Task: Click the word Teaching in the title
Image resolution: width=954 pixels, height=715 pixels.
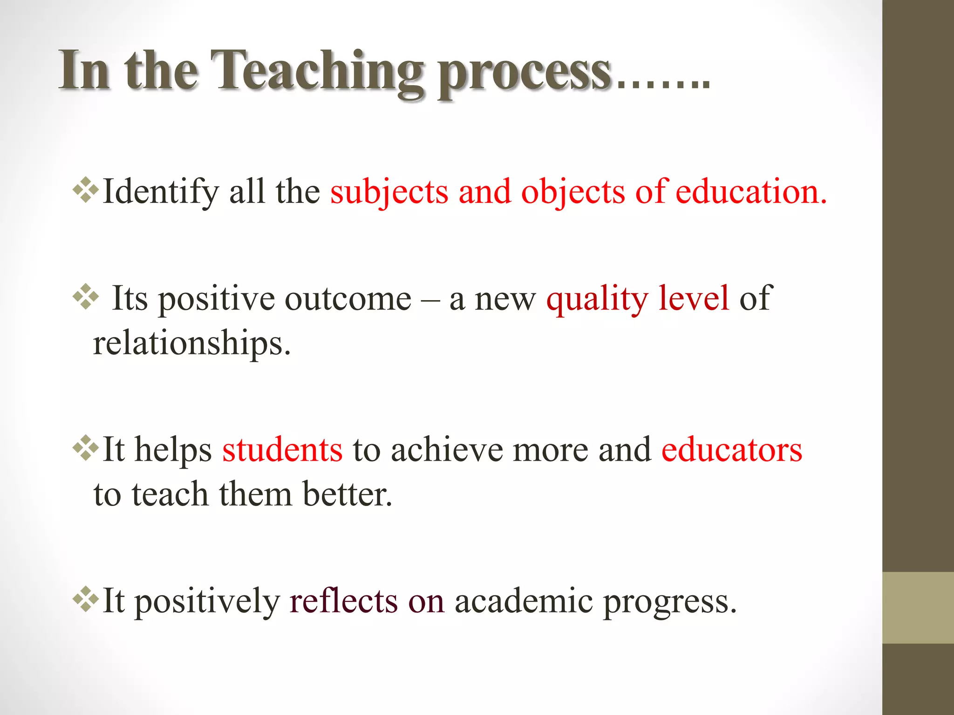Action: tap(317, 72)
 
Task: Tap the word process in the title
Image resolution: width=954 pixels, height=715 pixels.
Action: tap(524, 74)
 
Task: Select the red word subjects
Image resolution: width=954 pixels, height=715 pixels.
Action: tap(389, 192)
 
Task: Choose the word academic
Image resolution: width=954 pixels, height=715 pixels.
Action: tap(524, 601)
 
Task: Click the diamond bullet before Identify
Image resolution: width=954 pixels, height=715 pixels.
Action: tap(86, 190)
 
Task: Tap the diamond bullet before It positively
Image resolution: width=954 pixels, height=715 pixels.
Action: tap(86, 599)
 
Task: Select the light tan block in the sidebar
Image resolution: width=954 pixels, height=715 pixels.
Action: tap(918, 607)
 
